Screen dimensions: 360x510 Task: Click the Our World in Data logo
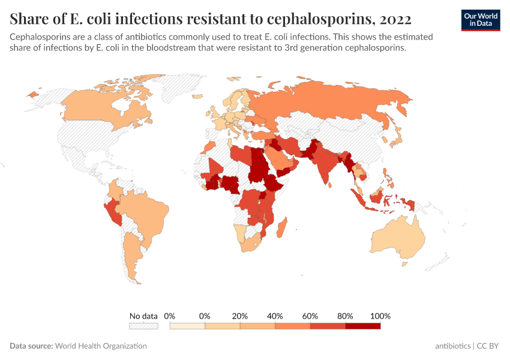[480, 19]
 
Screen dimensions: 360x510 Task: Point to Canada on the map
[96, 111]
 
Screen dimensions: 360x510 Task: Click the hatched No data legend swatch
[143, 326]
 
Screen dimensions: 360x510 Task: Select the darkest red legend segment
[363, 326]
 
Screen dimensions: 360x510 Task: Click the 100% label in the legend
[380, 316]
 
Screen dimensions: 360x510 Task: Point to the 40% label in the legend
[275, 316]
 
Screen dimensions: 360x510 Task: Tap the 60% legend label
[310, 316]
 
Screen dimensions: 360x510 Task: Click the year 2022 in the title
[395, 19]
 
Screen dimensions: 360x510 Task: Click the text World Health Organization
[100, 346]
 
